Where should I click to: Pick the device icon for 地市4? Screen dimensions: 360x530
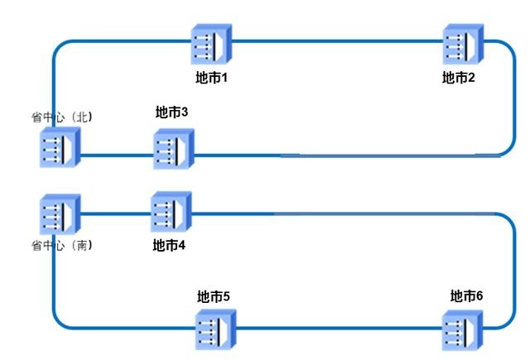click(x=171, y=213)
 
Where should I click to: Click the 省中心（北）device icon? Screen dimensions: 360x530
click(x=60, y=150)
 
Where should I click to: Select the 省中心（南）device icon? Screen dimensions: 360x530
click(x=60, y=215)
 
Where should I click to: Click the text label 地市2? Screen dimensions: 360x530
click(x=458, y=78)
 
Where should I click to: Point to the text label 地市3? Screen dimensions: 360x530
click(x=172, y=112)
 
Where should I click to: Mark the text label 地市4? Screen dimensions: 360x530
click(x=170, y=245)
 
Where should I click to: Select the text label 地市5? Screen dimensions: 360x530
click(x=213, y=296)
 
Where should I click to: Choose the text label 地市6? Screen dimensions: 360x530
click(x=466, y=296)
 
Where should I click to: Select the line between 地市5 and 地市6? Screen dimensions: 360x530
click(x=340, y=329)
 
